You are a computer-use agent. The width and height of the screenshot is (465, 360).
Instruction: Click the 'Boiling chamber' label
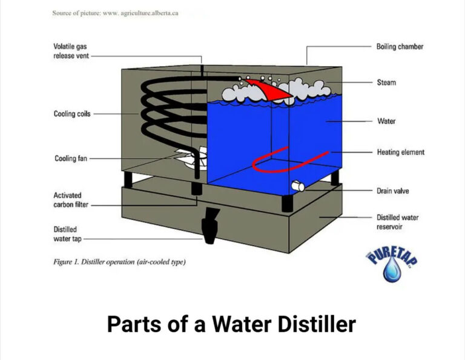400,47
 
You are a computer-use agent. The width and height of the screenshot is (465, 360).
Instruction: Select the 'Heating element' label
400,152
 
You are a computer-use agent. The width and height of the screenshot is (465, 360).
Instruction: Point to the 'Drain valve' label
392,191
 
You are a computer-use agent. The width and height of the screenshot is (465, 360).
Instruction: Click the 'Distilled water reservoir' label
397,222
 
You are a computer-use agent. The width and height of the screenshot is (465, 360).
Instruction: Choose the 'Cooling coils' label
72,114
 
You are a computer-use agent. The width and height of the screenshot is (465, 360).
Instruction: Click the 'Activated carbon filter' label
71,200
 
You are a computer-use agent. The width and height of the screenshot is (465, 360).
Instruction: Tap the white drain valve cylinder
298,186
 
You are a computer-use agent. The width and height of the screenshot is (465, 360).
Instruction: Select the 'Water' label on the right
386,121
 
